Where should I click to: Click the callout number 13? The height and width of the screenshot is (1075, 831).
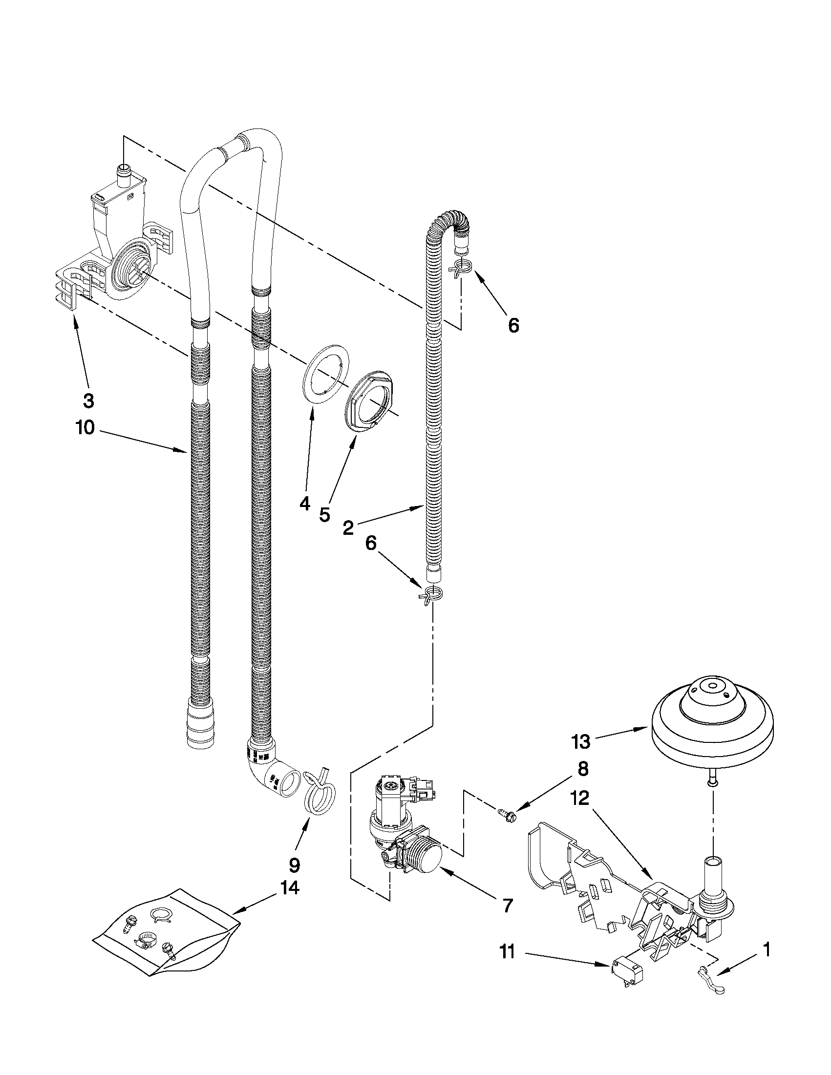[581, 741]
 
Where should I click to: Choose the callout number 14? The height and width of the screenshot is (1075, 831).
[290, 888]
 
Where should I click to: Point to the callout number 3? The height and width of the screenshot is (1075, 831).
[88, 401]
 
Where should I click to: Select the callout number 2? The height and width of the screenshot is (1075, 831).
[347, 528]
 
